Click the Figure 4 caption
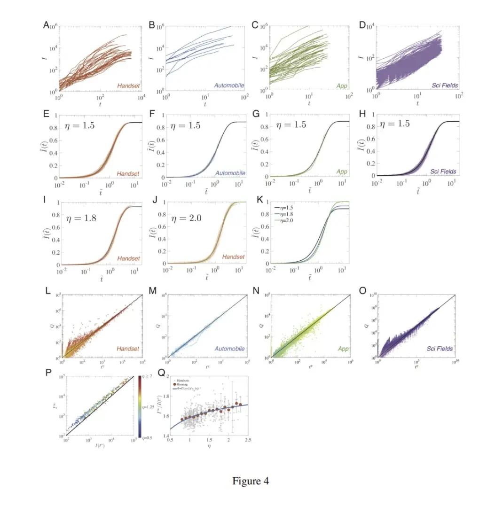251,481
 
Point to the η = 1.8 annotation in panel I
81,218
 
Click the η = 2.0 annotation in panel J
186,218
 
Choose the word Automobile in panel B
230,86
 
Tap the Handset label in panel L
128,349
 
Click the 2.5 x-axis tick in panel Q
248,440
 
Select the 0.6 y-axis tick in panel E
55,140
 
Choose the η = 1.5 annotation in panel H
395,124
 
